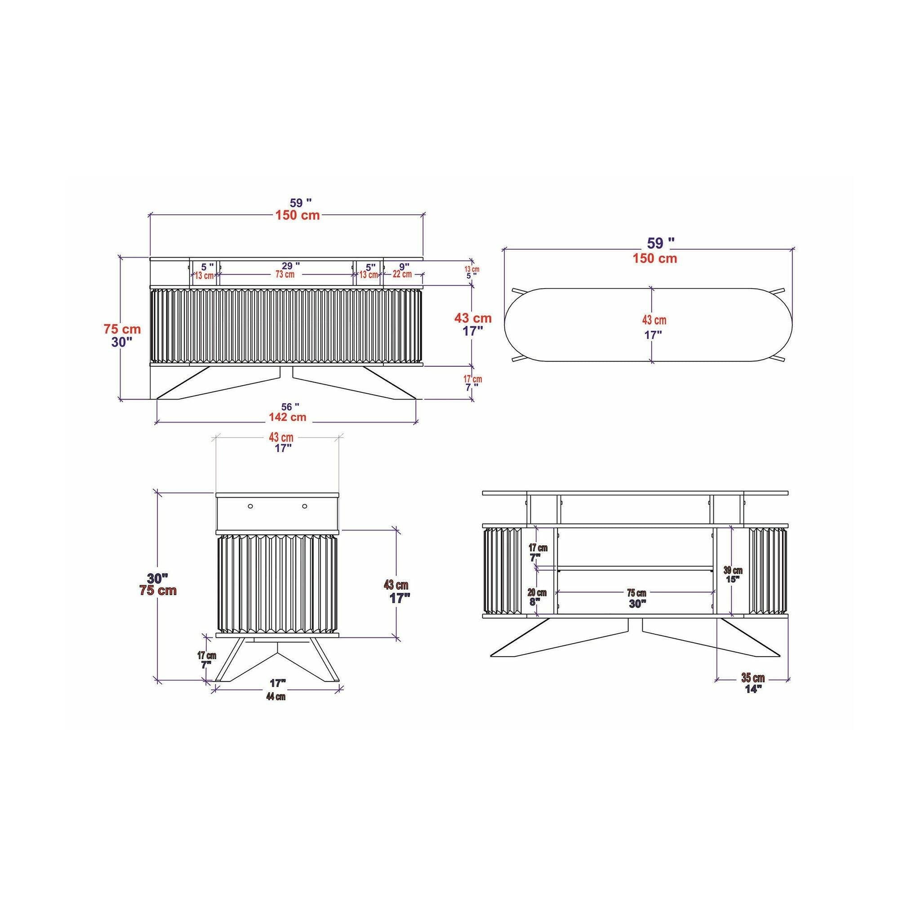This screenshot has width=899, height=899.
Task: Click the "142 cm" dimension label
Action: click(x=287, y=417)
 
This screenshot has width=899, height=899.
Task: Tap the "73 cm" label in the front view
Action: click(x=285, y=274)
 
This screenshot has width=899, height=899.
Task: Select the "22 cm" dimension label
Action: click(x=402, y=274)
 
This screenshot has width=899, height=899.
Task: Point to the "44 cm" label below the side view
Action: click(x=276, y=697)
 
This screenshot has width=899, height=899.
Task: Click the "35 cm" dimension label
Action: click(x=753, y=678)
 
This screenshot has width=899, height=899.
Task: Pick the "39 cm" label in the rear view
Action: click(x=733, y=570)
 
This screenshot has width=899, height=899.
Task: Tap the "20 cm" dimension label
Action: click(x=537, y=593)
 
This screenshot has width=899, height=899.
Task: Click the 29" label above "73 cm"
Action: click(x=290, y=266)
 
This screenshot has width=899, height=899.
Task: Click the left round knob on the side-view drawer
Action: click(x=250, y=506)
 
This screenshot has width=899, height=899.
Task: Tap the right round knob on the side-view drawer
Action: click(x=305, y=506)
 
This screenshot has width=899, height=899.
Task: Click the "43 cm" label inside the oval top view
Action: click(x=654, y=320)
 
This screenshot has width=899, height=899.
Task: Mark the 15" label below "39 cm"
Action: click(x=732, y=579)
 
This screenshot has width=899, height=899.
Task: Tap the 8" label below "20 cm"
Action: click(x=535, y=601)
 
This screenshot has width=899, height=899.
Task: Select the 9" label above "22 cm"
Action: click(x=404, y=266)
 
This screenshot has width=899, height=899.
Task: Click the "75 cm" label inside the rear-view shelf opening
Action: click(x=636, y=593)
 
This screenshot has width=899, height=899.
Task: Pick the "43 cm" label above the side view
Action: click(x=281, y=437)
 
